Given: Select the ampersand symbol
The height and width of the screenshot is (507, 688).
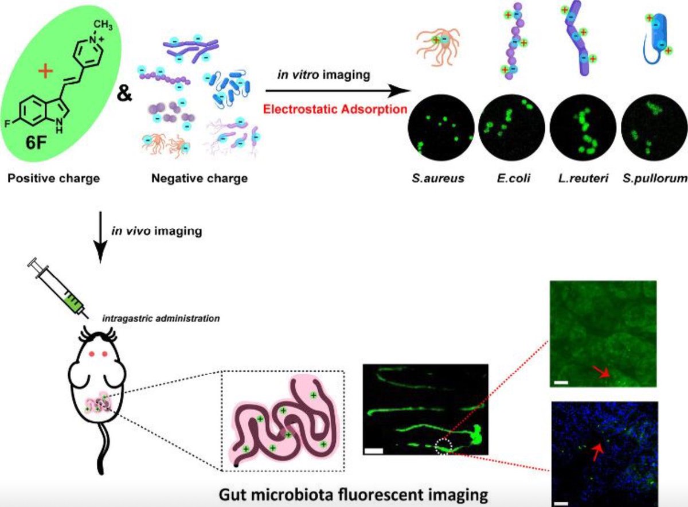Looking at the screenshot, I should [x=123, y=92].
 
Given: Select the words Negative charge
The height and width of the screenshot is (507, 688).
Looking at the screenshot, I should [x=200, y=178].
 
